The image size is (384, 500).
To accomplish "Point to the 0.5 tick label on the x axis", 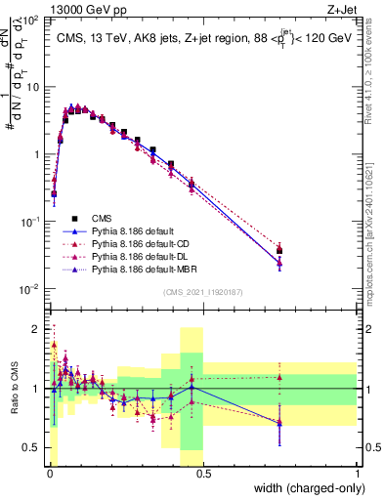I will (203, 474).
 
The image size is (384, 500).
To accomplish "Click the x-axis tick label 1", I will (357, 474).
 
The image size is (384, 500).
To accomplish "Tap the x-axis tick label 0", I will (50, 474).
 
